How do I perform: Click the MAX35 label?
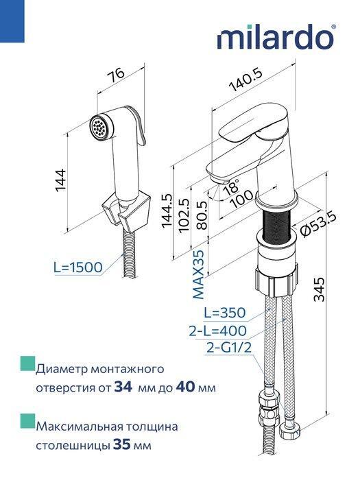[x=199, y=276]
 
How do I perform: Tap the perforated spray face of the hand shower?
[x=99, y=128]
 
